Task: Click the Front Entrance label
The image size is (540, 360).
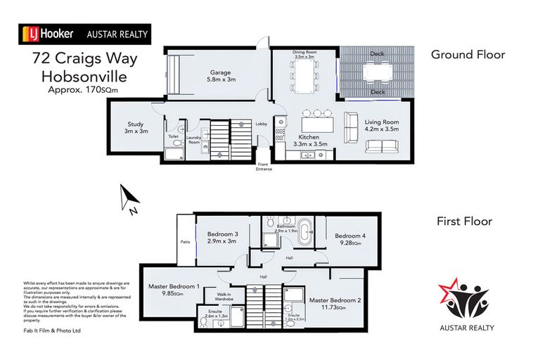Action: (262, 167)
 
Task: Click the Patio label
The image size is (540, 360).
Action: (185, 242)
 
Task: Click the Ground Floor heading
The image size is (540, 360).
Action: (468, 54)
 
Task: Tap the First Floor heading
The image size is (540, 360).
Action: (464, 221)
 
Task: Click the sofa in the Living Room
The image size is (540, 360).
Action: (381, 147)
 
